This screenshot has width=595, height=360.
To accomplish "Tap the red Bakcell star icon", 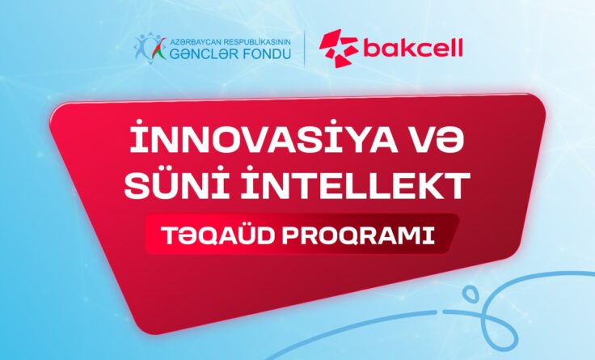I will click(x=336, y=48).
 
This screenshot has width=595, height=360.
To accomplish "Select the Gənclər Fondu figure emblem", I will click(x=150, y=49).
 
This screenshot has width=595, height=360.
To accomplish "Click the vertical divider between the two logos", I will click(x=305, y=48).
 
